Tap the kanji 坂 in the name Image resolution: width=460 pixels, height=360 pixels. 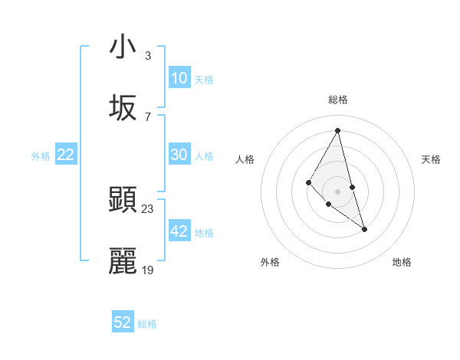click(x=123, y=108)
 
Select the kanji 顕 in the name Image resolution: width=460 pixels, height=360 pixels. click(x=123, y=201)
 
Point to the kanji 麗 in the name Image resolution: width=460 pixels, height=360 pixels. click(x=123, y=262)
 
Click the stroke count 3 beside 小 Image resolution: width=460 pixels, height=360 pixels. click(x=148, y=55)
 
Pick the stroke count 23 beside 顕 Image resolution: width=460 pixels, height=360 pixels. click(x=148, y=209)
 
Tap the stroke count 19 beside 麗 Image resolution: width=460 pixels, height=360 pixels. click(x=148, y=270)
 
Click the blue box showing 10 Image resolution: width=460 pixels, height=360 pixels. click(x=179, y=78)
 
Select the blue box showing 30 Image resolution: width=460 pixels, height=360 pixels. click(x=179, y=155)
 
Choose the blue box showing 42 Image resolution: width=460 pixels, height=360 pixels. click(x=179, y=231)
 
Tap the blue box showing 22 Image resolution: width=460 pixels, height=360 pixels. click(x=66, y=155)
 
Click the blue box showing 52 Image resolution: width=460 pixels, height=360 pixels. click(x=123, y=322)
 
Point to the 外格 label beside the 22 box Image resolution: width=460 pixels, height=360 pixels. click(x=41, y=156)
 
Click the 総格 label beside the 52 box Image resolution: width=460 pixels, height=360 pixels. click(x=147, y=324)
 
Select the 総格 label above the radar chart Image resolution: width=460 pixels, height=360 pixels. click(x=338, y=100)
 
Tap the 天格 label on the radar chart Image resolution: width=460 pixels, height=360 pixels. click(x=432, y=159)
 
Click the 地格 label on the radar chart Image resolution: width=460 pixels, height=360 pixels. click(x=402, y=262)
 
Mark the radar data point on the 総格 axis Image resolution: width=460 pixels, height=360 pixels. click(x=338, y=130)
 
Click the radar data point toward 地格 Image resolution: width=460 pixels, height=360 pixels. click(x=364, y=229)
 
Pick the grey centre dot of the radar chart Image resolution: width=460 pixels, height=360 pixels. click(x=338, y=191)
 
